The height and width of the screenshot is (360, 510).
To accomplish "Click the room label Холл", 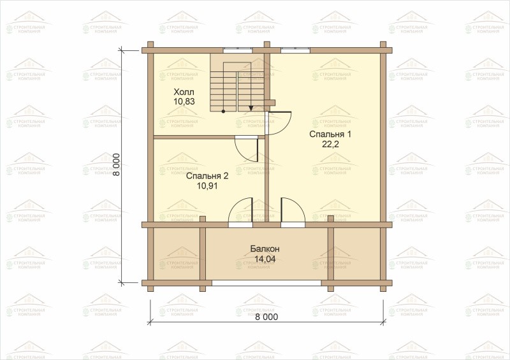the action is tap(184, 91).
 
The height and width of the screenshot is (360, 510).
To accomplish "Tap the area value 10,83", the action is tap(184, 101).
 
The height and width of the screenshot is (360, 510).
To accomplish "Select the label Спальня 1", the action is tap(330, 134).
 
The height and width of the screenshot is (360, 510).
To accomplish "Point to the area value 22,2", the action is tap(330, 145).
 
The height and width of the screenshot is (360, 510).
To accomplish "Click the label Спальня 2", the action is tap(207, 176).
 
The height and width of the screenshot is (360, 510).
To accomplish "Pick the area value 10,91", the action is tap(207, 186).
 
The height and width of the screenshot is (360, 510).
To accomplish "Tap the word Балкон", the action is tap(265, 249).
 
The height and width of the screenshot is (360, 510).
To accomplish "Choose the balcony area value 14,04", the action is tap(265, 259).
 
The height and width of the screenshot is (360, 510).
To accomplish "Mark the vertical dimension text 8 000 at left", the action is tap(117, 164).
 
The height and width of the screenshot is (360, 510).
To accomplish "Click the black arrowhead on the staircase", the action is tap(251, 108).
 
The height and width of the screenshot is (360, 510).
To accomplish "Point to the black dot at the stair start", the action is tap(223, 112).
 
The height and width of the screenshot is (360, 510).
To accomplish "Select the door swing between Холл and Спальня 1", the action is tap(279, 122).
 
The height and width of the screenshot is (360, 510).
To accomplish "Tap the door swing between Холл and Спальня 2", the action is tap(247, 150).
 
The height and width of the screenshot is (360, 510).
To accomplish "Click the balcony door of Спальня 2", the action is tap(241, 212).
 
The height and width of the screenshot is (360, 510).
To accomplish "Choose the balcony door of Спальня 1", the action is tap(293, 212).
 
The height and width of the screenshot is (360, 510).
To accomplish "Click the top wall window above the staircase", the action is tap(237, 50).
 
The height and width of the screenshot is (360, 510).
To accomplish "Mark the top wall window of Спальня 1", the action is tap(295, 50).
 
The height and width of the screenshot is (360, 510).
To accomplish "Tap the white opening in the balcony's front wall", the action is tap(266, 283).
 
